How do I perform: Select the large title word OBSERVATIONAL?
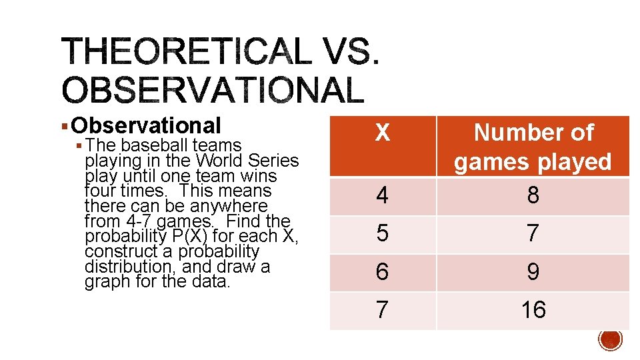tap(213, 89)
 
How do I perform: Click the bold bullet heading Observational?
tap(146, 125)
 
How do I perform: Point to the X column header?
tap(382, 133)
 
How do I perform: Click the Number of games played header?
tap(533, 147)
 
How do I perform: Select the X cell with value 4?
tap(382, 196)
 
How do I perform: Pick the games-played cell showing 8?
tap(533, 196)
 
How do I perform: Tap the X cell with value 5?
tap(382, 234)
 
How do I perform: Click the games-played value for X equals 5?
tap(533, 234)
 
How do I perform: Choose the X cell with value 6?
tap(382, 272)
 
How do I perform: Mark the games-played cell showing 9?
tap(533, 272)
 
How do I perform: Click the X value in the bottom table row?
tap(382, 310)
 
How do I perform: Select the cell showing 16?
tap(533, 310)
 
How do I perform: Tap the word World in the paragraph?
tap(223, 161)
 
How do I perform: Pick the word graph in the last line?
tap(105, 281)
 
